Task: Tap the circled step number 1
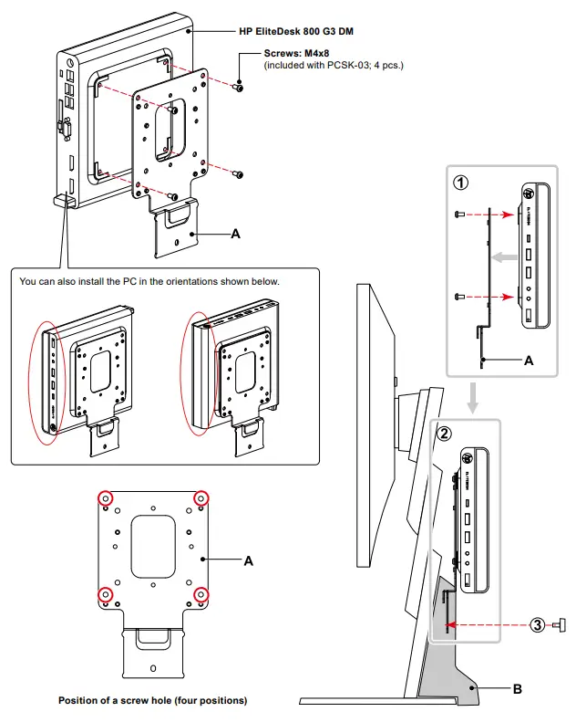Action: pos(462,182)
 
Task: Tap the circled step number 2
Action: pos(444,433)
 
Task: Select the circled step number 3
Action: pos(538,624)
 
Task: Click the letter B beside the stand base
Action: pos(517,689)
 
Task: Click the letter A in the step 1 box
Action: pos(529,361)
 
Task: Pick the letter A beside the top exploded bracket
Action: pos(235,234)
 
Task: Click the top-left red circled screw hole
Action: pos(106,498)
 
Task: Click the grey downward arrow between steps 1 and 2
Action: pos(472,398)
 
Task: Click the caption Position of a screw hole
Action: pos(152,701)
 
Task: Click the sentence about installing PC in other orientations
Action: pos(149,281)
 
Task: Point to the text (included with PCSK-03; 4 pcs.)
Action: pos(334,66)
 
